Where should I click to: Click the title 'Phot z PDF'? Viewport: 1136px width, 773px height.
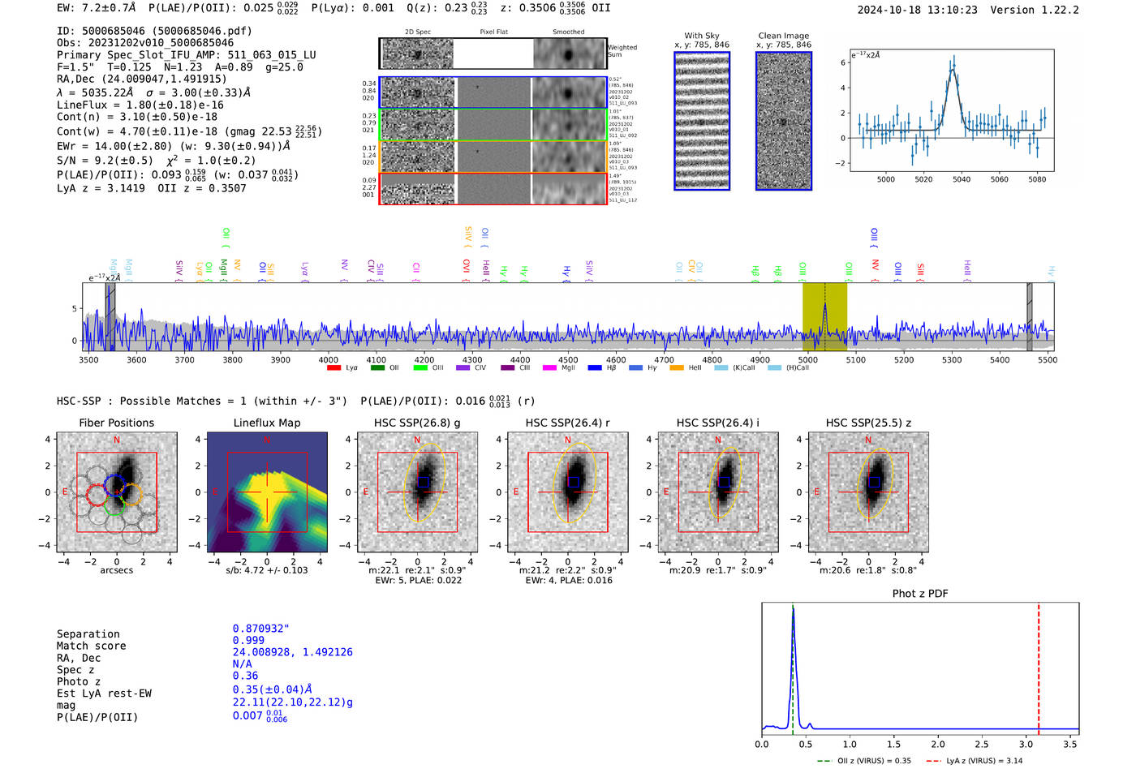tap(919, 594)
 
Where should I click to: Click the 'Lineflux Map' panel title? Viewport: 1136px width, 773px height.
tap(266, 423)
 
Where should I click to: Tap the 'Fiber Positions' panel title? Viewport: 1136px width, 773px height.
tap(116, 423)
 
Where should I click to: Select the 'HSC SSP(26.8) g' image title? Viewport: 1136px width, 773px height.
tap(416, 423)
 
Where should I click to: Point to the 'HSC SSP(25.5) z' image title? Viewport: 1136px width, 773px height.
tap(868, 423)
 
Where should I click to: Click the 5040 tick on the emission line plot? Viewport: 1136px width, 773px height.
tap(962, 179)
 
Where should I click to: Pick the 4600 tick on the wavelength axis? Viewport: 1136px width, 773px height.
tap(616, 360)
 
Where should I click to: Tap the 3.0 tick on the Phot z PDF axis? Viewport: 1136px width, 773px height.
tap(1026, 744)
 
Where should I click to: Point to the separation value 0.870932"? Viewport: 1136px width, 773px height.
tap(260, 629)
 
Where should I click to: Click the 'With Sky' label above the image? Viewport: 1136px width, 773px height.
tap(701, 36)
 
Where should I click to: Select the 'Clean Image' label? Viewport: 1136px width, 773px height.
tap(783, 36)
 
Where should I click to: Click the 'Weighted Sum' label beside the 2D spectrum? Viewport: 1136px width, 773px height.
tap(622, 51)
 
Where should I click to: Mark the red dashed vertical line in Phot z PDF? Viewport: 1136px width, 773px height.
tap(1039, 665)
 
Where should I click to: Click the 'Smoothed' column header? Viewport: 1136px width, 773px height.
tap(568, 32)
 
